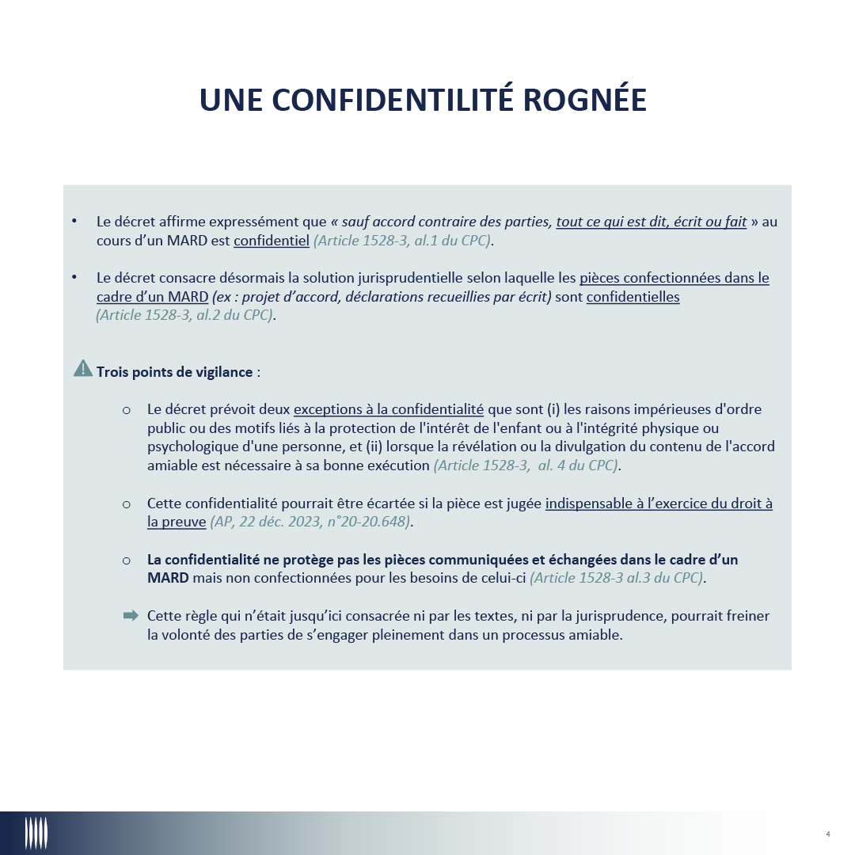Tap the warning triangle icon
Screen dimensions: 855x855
(83, 369)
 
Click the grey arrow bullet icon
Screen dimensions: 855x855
(131, 616)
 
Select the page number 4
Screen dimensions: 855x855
(828, 834)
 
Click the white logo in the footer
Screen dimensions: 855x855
(36, 833)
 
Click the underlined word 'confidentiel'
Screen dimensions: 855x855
(272, 241)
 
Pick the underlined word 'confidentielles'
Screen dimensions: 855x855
(633, 297)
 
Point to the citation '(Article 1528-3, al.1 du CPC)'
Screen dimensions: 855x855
(402, 241)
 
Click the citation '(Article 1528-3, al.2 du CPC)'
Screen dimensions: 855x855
(184, 315)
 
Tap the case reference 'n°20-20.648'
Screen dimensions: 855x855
(372, 522)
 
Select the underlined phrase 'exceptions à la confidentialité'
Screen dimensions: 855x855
(389, 409)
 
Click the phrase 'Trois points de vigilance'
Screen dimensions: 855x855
(175, 371)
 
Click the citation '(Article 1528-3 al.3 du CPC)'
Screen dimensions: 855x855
(617, 578)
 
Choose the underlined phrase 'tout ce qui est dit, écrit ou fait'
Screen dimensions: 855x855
(652, 222)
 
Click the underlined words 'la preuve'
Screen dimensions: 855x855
(177, 522)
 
